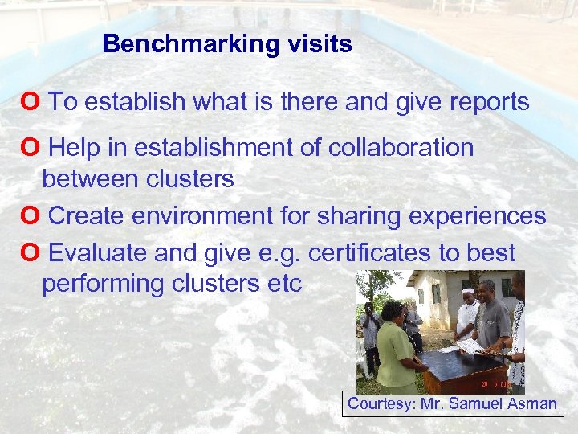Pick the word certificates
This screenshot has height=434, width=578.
pyautogui.click(x=369, y=253)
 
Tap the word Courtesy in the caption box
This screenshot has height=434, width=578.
pyautogui.click(x=378, y=403)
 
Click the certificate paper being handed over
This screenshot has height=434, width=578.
pyautogui.click(x=469, y=346)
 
